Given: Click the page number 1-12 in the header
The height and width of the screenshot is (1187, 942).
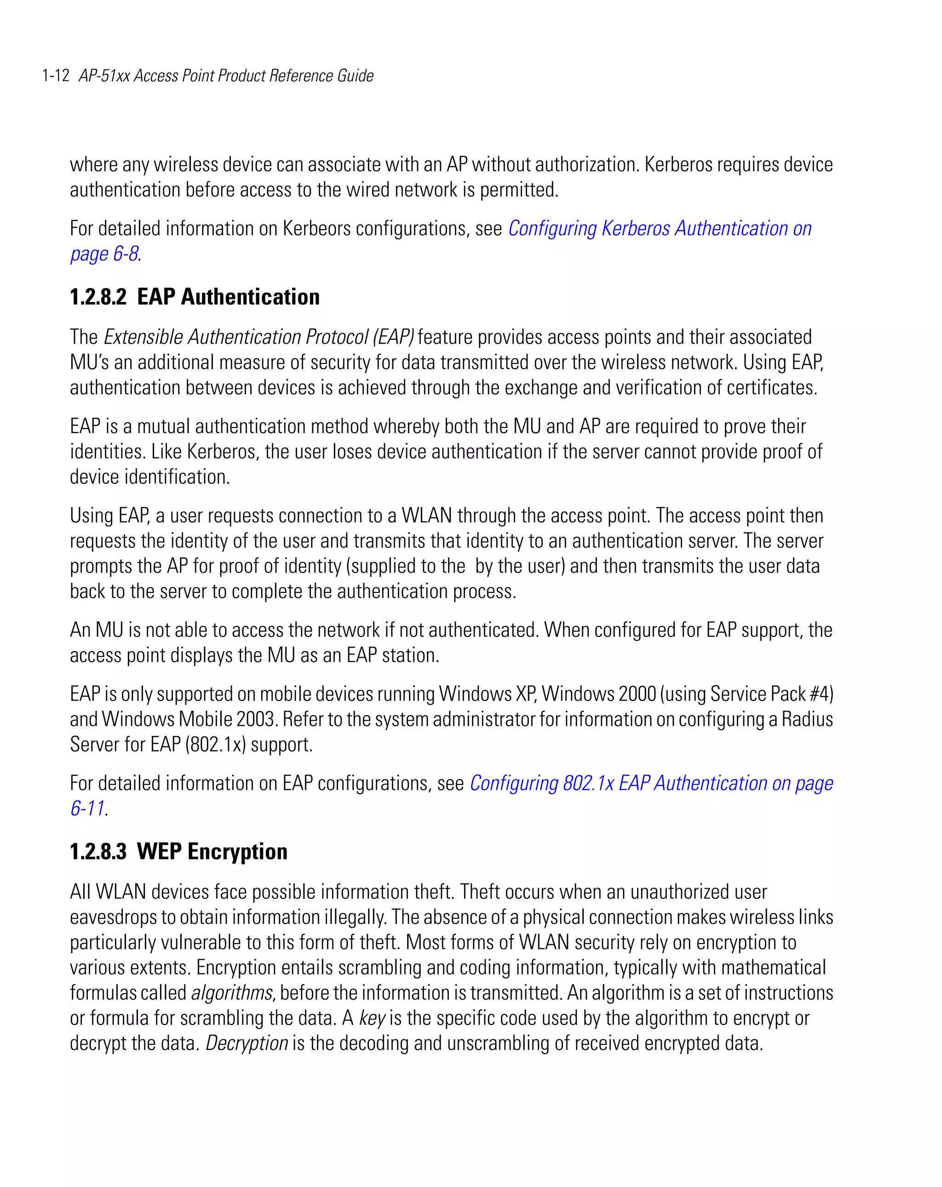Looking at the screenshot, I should pyautogui.click(x=56, y=75).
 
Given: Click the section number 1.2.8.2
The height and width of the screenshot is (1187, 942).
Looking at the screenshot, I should pyautogui.click(x=98, y=297).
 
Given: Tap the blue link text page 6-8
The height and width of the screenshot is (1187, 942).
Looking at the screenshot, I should pyautogui.click(x=104, y=254).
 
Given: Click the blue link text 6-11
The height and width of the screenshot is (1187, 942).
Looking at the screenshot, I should pyautogui.click(x=87, y=808).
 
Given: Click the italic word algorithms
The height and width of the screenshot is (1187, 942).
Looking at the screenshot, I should pyautogui.click(x=231, y=993).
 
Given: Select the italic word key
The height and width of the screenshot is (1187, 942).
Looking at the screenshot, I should pyautogui.click(x=372, y=1018).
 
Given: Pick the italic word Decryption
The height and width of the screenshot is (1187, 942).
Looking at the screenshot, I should pyautogui.click(x=247, y=1043).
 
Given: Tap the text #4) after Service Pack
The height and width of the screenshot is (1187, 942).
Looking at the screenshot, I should pyautogui.click(x=821, y=694).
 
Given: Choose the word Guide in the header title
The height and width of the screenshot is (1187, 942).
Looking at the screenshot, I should pyautogui.click(x=356, y=75).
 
